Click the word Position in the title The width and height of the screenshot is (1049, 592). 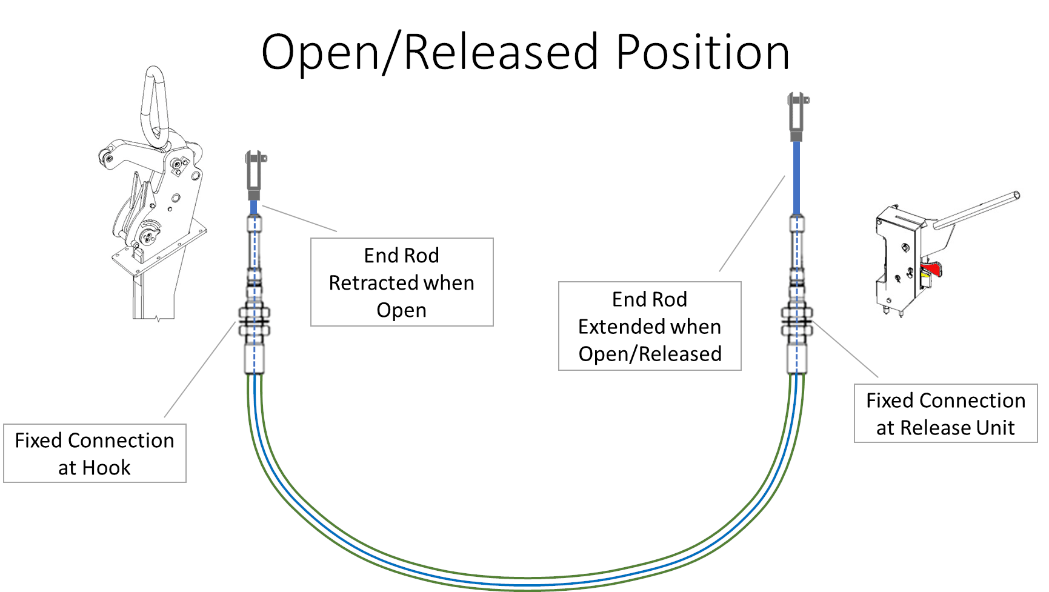703,53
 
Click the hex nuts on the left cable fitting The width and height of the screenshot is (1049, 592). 255,322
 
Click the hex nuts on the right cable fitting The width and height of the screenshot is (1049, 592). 797,321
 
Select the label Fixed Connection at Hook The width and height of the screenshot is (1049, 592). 95,453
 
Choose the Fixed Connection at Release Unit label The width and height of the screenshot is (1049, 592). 945,413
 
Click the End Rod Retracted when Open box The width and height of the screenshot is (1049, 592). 402,282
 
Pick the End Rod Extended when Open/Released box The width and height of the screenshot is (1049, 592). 650,326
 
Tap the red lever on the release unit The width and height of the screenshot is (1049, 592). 931,268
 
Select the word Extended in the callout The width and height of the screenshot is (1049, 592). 622,327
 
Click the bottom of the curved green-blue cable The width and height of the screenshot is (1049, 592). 526,582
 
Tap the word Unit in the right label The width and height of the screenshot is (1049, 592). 994,428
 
